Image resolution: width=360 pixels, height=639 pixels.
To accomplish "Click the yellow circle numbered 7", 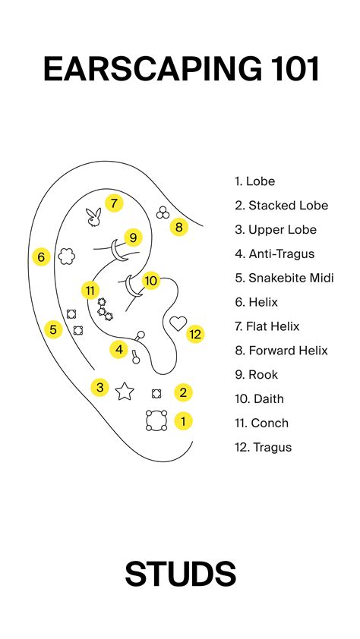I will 113,203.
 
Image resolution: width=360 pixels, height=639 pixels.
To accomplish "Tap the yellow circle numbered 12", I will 196,333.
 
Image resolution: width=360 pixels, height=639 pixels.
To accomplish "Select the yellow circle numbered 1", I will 183,420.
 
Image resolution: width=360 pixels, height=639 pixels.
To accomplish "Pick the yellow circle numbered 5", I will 52,329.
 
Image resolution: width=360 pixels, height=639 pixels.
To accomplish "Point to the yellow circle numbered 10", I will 151,281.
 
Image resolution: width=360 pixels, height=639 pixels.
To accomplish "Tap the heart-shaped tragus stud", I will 177,323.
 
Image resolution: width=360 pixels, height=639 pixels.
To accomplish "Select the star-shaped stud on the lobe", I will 124,391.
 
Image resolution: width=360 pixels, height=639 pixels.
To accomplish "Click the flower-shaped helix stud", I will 65,255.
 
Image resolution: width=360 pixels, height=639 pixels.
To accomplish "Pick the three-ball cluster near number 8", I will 162,213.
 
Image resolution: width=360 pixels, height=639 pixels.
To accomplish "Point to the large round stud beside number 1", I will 156,420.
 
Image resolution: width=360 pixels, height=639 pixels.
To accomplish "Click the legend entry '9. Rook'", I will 257,375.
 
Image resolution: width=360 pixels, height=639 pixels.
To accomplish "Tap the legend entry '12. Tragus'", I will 264,447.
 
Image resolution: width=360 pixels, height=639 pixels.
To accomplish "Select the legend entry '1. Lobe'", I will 255,181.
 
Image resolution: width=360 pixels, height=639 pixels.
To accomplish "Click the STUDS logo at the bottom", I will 180,574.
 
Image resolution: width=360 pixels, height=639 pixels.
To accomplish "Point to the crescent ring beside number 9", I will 115,249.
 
